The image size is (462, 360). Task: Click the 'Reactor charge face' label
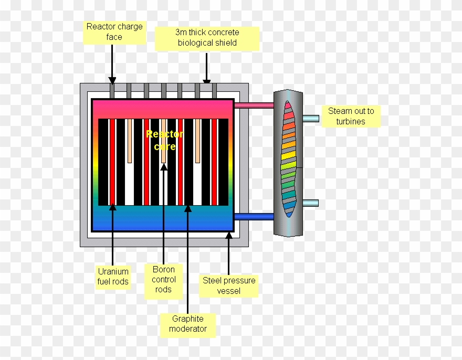click(x=114, y=32)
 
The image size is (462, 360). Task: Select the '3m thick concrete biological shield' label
click(x=207, y=38)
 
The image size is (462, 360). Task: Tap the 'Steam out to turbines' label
click(x=351, y=116)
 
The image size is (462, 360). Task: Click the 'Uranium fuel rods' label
click(x=113, y=276)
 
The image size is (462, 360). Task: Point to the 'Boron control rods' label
click(x=163, y=279)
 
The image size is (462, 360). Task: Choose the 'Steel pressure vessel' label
click(x=229, y=285)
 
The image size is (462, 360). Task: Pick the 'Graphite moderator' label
click(x=188, y=324)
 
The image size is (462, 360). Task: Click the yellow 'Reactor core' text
click(x=164, y=140)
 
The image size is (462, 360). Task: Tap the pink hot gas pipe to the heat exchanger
click(x=254, y=105)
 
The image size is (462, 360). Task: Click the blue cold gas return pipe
click(x=254, y=216)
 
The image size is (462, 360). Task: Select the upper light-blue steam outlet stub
click(x=310, y=119)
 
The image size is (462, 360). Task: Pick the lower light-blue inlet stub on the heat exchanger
click(x=310, y=203)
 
